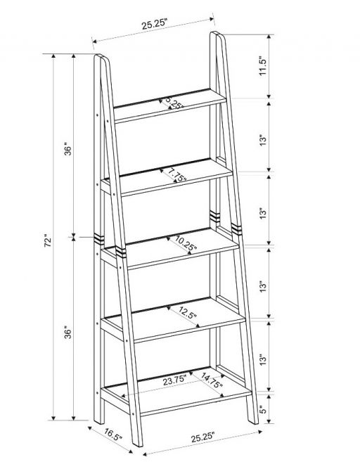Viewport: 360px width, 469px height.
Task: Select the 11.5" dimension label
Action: click(x=262, y=66)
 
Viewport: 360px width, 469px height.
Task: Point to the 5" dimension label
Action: click(x=262, y=410)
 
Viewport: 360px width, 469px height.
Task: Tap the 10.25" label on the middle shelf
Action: click(x=186, y=243)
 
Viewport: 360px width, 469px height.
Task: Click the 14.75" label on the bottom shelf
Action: click(x=212, y=380)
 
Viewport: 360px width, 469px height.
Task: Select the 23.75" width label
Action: click(x=174, y=381)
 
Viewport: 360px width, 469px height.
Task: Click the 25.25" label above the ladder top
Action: click(x=155, y=24)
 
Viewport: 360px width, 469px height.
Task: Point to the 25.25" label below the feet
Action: click(x=203, y=437)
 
